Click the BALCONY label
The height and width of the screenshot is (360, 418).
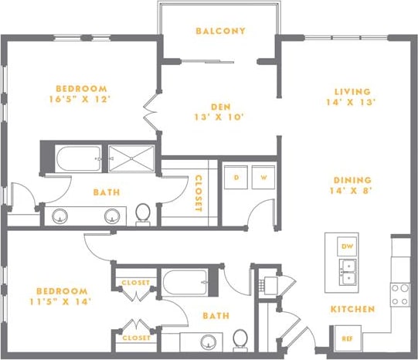tap(220, 32)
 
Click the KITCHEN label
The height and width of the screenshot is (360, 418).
tap(353, 309)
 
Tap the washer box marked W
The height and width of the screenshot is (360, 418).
tap(263, 176)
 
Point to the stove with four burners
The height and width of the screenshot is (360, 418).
tap(399, 294)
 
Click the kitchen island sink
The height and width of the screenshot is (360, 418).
tap(348, 272)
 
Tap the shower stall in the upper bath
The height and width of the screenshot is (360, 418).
tap(131, 158)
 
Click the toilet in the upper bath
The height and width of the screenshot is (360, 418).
tap(142, 213)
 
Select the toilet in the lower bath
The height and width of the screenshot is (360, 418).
tap(240, 338)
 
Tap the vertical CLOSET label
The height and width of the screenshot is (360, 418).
tap(199, 193)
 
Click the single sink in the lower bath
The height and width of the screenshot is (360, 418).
tap(207, 341)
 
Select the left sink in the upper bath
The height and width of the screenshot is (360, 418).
tap(62, 216)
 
